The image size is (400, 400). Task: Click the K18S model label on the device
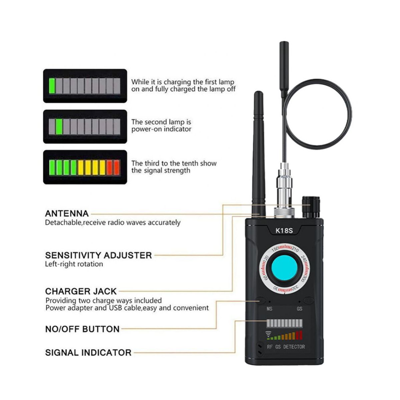point(284,231)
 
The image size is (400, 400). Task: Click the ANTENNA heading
point(67,214)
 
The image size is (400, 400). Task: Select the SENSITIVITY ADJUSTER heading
point(99,255)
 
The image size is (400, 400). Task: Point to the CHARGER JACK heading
point(81,291)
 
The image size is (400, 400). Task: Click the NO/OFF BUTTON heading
point(82,329)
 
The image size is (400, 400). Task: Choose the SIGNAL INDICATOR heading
point(88,353)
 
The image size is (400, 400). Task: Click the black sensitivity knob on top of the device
point(311,207)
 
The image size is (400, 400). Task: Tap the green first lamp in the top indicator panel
point(52,86)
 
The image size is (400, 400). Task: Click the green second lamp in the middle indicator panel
point(59,127)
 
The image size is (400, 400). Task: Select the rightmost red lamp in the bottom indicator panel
point(117,168)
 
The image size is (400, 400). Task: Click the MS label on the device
point(269,309)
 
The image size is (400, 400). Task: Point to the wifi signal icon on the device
point(268,334)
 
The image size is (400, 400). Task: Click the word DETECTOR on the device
point(294,347)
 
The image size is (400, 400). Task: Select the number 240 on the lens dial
point(303,259)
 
